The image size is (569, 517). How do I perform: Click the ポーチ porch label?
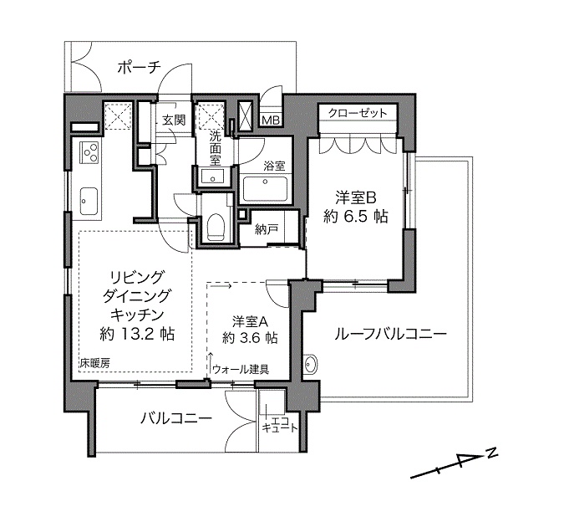tap(139, 68)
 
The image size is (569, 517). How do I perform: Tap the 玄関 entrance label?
tap(174, 120)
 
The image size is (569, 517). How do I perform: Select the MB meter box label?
tap(271, 120)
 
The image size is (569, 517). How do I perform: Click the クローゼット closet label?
tap(358, 113)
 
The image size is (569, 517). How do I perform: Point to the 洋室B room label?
tap(355, 198)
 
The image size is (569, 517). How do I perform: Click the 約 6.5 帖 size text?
tap(356, 217)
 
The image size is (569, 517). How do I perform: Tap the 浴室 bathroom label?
tap(274, 166)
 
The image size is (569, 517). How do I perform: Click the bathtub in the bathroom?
tap(266, 188)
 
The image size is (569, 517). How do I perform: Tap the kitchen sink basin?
tap(89, 201)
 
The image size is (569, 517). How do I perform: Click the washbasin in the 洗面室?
tap(213, 177)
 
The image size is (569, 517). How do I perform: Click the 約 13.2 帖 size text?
tap(137, 334)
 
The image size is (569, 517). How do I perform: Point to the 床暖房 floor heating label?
tap(94, 363)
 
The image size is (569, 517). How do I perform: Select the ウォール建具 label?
tap(241, 370)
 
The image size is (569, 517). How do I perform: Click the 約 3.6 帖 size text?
tap(251, 338)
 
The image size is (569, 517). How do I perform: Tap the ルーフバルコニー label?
tap(390, 334)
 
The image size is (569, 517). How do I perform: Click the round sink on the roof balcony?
tap(311, 363)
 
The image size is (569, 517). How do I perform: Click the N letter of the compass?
tap(491, 453)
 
